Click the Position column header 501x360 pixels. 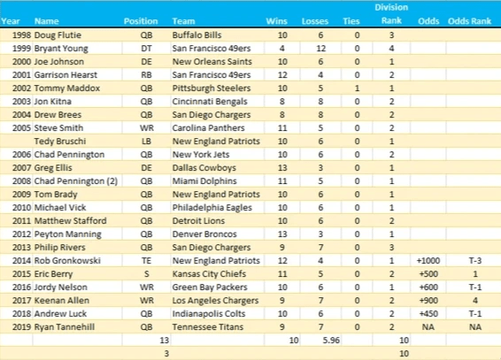[141, 21]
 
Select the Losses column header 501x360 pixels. [315, 21]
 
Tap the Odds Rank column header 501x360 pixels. [469, 21]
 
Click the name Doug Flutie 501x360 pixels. [58, 35]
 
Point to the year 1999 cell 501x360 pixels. [21, 49]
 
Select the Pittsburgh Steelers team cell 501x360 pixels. [212, 88]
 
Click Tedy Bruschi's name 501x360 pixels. [60, 142]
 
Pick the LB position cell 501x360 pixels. [146, 142]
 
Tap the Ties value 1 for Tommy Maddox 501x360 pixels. [357, 88]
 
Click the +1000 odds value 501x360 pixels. [428, 261]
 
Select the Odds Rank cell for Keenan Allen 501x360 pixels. [475, 301]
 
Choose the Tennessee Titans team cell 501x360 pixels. [208, 327]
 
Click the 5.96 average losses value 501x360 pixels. [331, 341]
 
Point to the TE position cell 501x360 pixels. [146, 261]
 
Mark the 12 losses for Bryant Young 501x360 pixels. [320, 49]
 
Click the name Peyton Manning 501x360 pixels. [68, 234]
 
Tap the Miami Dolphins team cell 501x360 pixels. [204, 181]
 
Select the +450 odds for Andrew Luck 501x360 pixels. [428, 314]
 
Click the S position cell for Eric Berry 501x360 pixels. [146, 274]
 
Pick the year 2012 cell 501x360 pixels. [21, 234]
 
